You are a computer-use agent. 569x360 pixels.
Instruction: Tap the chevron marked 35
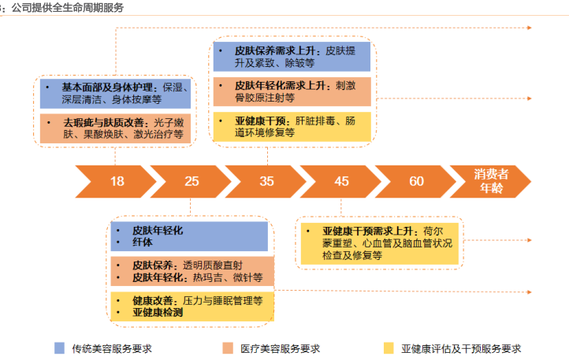click(266, 181)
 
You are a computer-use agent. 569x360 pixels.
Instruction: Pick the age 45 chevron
click(341, 181)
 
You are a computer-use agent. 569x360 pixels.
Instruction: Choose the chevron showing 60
click(416, 181)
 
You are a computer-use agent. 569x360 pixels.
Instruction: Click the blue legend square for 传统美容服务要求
click(60, 347)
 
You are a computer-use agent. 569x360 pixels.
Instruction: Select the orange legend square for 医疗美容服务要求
click(228, 347)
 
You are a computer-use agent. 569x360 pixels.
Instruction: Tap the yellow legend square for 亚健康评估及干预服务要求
click(389, 347)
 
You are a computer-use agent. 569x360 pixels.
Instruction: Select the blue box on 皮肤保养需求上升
click(292, 56)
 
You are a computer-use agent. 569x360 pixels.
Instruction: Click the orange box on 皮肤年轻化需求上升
click(292, 91)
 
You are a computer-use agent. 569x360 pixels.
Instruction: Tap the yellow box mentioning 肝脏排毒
click(292, 127)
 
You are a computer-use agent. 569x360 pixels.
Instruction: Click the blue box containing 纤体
click(192, 236)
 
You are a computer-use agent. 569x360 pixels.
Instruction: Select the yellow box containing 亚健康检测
click(192, 306)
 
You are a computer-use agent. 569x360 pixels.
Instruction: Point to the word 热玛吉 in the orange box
click(207, 278)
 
